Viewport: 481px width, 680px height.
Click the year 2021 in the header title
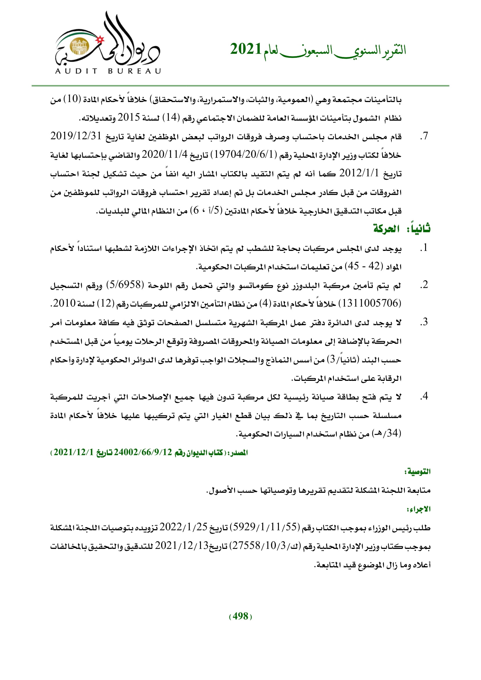coord(245,49)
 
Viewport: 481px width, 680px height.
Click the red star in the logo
coord(100,39)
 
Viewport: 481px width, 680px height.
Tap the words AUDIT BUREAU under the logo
coord(108,71)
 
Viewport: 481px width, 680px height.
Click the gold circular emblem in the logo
coord(79,47)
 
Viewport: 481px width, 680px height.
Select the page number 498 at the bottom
coord(240,616)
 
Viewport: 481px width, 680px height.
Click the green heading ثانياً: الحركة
coord(401,229)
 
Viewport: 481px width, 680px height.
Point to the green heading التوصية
coord(417,472)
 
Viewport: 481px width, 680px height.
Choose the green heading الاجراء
coord(418,509)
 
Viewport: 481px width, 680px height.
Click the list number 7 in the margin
coord(424,136)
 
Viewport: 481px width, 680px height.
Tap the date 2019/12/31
coord(76,136)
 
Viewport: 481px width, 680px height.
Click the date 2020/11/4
coord(165,155)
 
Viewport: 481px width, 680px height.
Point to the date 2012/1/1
coord(359,173)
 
